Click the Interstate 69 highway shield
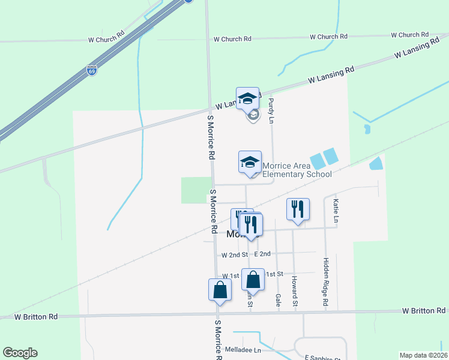[92, 70]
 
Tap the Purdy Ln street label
[271, 111]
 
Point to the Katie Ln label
[336, 212]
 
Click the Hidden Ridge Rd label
[326, 282]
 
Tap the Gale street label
[278, 298]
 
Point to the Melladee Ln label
[243, 350]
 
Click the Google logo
[20, 353]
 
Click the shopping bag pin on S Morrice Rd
[220, 290]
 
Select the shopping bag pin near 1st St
[253, 280]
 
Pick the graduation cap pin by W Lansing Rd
[247, 98]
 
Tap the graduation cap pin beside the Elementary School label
[250, 162]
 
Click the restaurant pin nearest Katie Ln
[298, 209]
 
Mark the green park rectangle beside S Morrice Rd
[196, 190]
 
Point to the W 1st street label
[231, 275]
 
